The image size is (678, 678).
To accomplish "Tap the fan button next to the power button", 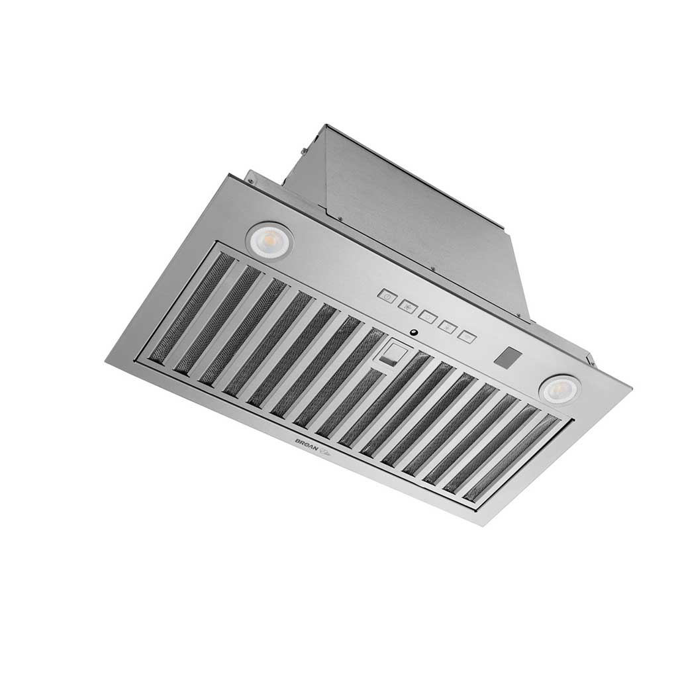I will pos(408,306).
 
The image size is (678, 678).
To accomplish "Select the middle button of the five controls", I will pos(427,316).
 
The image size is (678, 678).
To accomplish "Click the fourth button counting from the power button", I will pos(447,326).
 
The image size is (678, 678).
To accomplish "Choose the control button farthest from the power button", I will pos(467,336).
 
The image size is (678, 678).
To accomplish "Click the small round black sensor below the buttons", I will pos(413,332).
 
